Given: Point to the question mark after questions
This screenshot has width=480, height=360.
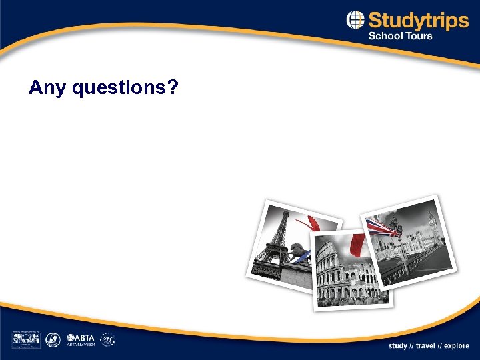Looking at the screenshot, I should (173, 87).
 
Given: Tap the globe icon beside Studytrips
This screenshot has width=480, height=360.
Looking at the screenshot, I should (355, 21).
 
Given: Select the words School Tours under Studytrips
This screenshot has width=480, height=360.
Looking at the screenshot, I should (400, 36).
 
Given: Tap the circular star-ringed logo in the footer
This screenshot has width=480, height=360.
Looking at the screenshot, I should (107, 339).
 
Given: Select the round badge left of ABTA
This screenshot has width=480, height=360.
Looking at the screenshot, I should (53, 339).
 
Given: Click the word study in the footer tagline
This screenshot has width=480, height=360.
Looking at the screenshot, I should (398, 346).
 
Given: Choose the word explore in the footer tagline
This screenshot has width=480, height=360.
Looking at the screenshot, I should (457, 346).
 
